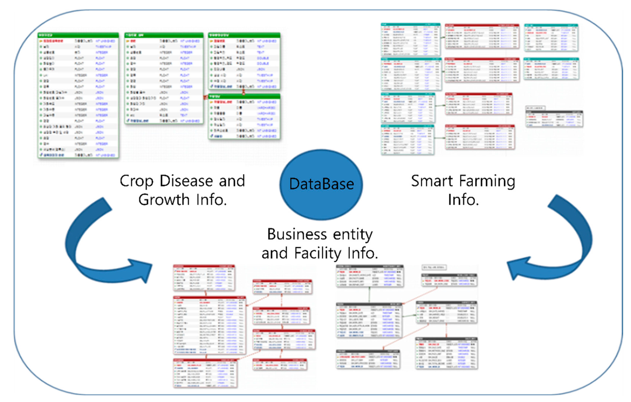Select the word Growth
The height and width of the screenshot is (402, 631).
164,200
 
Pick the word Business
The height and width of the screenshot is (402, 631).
297,234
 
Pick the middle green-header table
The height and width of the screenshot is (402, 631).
164,79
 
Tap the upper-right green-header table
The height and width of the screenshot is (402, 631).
244,61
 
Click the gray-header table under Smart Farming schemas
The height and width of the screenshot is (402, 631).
554,119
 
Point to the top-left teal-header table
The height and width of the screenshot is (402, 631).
410,39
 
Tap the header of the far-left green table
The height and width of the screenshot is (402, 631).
78,35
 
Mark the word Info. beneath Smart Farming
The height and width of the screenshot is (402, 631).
463,200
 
